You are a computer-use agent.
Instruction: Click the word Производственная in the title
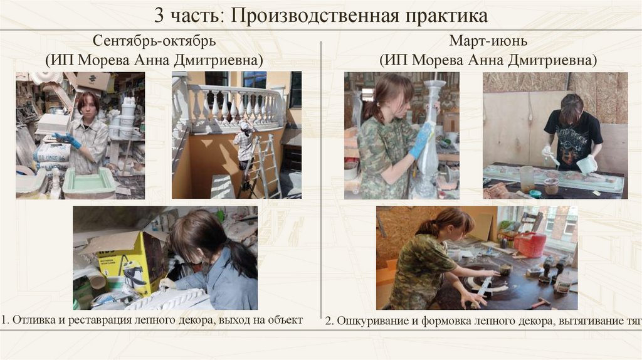click(x=314, y=16)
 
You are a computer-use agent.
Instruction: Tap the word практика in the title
click(x=446, y=16)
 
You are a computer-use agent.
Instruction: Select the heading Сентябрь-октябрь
click(x=154, y=41)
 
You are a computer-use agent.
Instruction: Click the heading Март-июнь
click(x=488, y=41)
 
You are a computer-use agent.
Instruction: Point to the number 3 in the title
click(x=160, y=16)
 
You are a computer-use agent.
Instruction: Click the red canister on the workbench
click(x=530, y=245)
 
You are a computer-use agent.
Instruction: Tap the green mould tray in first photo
click(x=90, y=183)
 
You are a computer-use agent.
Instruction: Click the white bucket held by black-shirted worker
click(x=586, y=164)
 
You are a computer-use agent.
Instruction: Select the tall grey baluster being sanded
click(x=429, y=139)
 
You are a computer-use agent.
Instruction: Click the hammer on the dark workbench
click(x=540, y=302)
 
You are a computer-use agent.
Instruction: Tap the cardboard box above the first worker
click(x=94, y=81)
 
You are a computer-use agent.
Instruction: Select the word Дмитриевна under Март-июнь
click(x=552, y=60)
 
